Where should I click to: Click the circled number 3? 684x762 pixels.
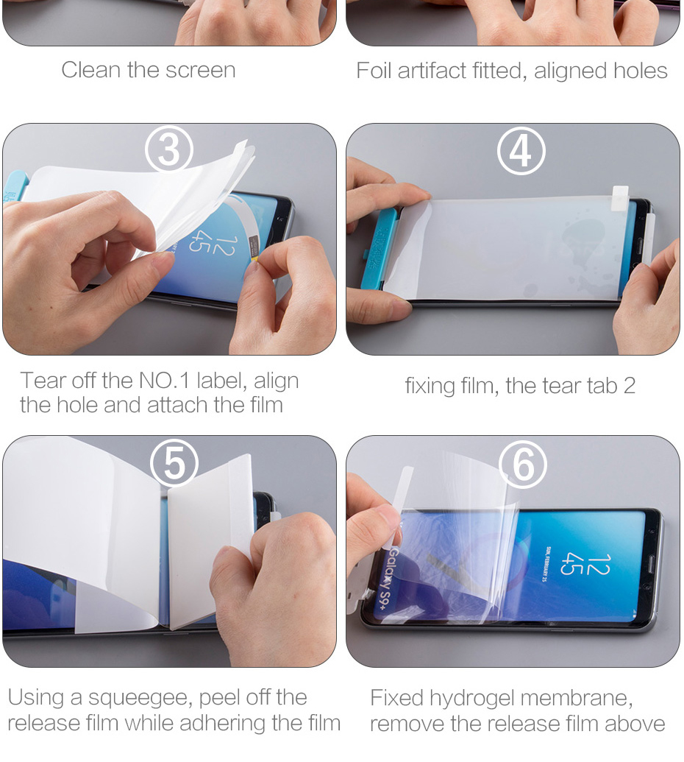(x=169, y=149)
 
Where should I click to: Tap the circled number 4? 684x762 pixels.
(x=521, y=151)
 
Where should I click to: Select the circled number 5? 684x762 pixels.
(x=174, y=463)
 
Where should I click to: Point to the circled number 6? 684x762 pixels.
(x=522, y=464)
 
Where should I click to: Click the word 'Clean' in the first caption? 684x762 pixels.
(x=90, y=70)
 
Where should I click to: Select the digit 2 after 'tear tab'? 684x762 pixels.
(x=629, y=386)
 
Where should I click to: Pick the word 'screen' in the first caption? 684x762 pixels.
(x=201, y=71)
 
